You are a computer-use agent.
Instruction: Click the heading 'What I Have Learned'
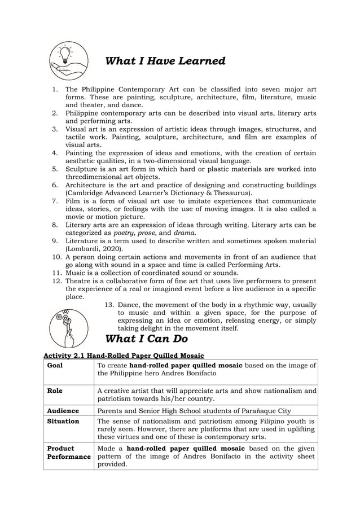pos(165,61)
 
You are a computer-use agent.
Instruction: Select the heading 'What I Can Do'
pos(147,339)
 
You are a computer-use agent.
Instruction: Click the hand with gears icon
pos(68,328)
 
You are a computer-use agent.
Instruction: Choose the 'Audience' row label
pos(63,411)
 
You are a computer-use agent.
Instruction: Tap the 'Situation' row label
pos(63,421)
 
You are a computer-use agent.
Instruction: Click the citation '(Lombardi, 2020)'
pos(94,248)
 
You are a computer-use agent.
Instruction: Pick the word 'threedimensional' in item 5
pos(94,176)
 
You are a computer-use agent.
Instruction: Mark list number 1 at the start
pos(55,89)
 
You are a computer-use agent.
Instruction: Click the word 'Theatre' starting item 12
pos(78,280)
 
